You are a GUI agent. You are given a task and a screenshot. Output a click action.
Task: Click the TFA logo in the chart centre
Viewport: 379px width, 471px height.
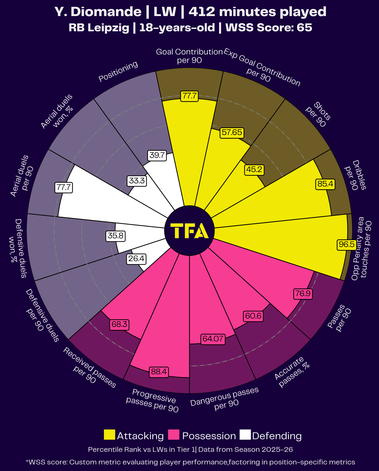point(189,231)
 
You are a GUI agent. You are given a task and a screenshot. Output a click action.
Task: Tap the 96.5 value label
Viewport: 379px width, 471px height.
point(346,245)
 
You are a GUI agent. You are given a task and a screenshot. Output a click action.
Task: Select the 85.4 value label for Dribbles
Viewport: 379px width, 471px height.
point(325,184)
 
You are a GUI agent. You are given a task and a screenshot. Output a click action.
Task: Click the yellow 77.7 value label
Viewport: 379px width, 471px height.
point(189,96)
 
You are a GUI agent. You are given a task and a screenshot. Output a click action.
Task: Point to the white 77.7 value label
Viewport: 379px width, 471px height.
point(64,188)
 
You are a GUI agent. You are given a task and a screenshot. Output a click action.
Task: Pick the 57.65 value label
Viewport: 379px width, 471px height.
point(232,132)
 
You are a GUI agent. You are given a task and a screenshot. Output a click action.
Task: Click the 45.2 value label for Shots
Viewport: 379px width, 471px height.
point(254,170)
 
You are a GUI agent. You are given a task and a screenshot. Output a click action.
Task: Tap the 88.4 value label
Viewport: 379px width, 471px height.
point(159,372)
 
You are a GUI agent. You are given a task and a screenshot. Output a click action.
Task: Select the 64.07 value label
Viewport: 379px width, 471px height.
point(213,339)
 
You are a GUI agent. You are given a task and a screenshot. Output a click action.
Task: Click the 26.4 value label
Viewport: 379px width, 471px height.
point(136,259)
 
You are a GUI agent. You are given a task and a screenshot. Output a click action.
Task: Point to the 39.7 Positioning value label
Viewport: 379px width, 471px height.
point(157,155)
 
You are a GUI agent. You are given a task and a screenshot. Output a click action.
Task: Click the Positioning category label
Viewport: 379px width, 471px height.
point(118,71)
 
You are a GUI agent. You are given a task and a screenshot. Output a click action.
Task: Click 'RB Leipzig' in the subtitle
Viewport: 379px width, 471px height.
point(99,28)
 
